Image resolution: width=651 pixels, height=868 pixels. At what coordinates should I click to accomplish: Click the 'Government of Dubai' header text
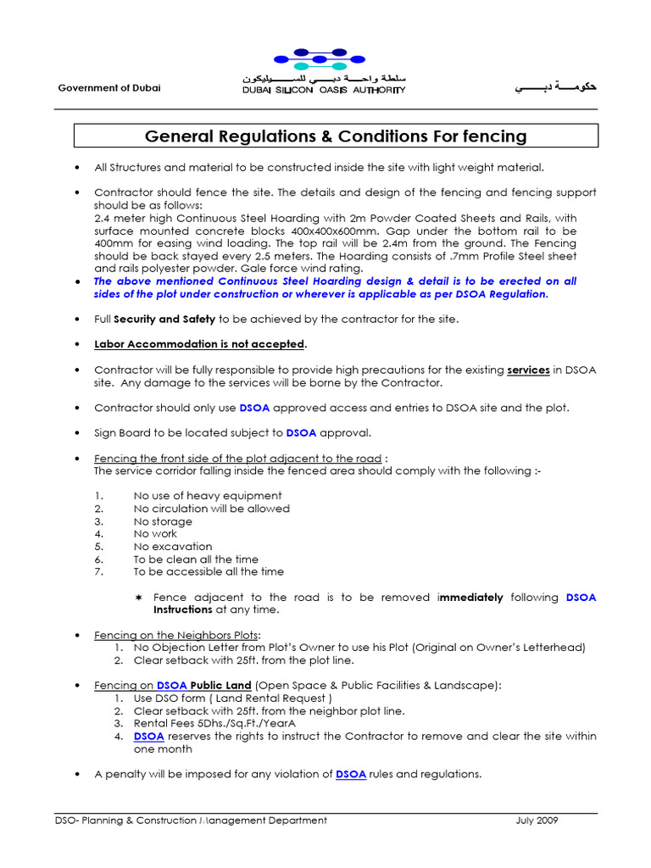[108, 89]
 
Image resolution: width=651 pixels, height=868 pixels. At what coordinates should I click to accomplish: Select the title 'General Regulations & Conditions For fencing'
[336, 136]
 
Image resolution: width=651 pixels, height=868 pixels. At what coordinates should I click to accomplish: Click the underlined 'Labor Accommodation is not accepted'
[199, 344]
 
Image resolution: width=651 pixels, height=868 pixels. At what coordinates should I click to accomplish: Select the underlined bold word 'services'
[528, 370]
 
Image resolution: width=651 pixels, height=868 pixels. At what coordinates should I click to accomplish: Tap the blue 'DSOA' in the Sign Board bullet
[301, 432]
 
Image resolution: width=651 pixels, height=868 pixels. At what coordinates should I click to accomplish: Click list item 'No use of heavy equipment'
[208, 496]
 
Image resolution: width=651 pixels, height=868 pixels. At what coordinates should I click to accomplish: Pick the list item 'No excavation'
[173, 547]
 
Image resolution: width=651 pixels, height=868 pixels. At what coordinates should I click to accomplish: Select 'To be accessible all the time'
[209, 572]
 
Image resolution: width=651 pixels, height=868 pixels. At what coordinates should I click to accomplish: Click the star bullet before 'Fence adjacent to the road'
[139, 598]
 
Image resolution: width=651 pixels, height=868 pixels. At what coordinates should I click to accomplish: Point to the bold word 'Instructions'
[182, 609]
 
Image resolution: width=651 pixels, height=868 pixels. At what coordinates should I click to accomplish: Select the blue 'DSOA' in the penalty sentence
[351, 774]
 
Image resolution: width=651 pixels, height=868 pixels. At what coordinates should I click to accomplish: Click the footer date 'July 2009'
[537, 821]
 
